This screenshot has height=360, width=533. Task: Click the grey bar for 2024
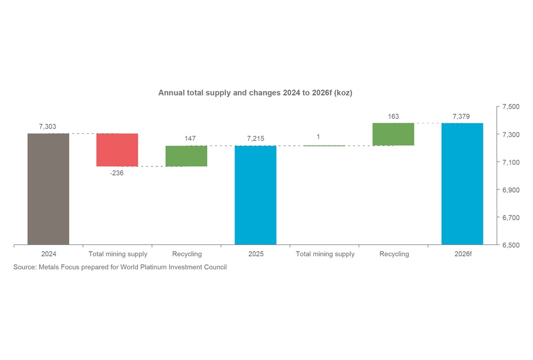tap(48, 189)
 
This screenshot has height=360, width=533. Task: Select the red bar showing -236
tap(117, 150)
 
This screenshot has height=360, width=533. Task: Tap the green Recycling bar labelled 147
tap(186, 156)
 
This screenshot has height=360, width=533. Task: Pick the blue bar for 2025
tap(255, 195)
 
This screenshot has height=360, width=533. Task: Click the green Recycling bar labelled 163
tap(393, 134)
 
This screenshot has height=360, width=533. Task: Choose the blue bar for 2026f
tap(462, 183)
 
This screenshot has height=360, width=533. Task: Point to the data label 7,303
tap(47, 126)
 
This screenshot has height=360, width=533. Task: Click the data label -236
tap(117, 173)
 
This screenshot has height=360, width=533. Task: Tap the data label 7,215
tap(255, 139)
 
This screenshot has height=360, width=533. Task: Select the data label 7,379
tap(462, 116)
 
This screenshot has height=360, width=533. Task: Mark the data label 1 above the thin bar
tap(318, 137)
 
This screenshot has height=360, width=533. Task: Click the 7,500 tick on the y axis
tap(511, 107)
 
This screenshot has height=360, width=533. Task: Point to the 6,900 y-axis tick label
tap(511, 190)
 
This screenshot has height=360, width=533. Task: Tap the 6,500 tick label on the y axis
tap(511, 245)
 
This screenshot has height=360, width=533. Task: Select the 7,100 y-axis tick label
tap(511, 162)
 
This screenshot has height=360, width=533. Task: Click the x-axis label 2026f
tap(463, 254)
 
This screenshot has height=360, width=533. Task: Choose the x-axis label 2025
tap(256, 254)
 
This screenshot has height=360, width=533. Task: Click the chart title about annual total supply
tap(255, 93)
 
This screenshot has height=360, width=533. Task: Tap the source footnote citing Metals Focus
tap(120, 267)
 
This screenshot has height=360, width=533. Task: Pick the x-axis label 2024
tap(49, 254)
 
